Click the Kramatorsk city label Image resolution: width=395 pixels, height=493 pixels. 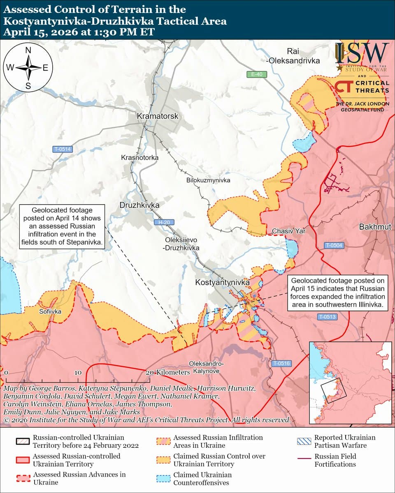[x=158, y=116]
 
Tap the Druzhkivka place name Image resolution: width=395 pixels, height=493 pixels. [x=139, y=205]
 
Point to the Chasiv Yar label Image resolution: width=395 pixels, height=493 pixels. [x=288, y=231]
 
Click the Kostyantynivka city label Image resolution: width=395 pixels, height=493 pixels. [x=222, y=283]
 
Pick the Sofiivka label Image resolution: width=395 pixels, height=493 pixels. [x=50, y=312]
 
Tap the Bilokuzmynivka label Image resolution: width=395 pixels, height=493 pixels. [x=208, y=180]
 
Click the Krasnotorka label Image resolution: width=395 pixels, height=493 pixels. [x=139, y=157]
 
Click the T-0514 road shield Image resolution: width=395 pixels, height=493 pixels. [x=63, y=150]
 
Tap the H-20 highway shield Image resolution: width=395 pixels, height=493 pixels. [x=164, y=222]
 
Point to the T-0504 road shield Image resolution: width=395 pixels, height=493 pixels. [x=333, y=246]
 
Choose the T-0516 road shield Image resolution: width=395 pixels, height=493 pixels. [x=281, y=363]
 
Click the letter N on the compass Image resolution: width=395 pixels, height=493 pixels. [x=28, y=51]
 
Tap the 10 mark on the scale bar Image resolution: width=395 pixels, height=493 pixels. [x=78, y=372]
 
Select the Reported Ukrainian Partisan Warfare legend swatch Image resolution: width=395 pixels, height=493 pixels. [x=304, y=441]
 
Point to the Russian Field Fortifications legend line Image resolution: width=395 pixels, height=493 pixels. [x=304, y=457]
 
